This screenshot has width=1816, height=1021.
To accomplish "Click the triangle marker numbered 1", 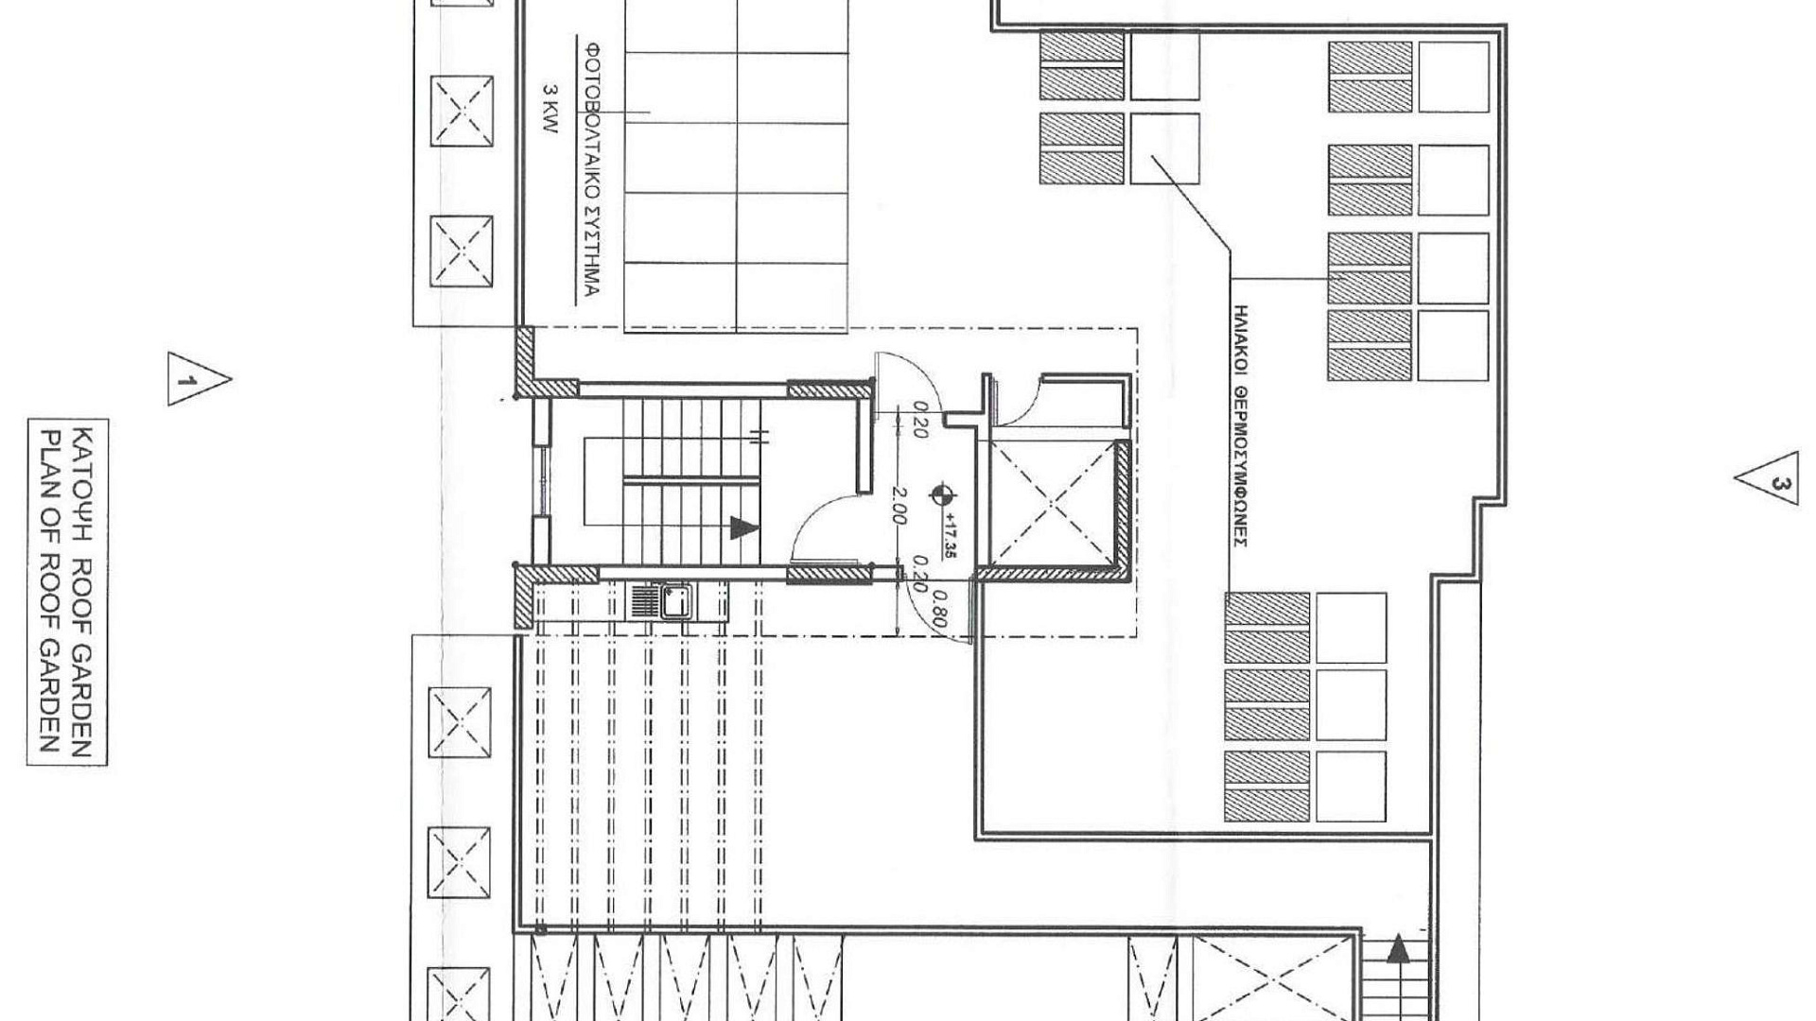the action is (195, 379).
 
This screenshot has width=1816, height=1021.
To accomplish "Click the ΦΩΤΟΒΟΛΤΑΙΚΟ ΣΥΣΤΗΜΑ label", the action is (589, 168).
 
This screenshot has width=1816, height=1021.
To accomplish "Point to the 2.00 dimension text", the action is (900, 506).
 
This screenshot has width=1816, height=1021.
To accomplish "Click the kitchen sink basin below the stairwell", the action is (675, 601).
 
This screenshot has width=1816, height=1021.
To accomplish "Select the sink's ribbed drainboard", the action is (644, 601).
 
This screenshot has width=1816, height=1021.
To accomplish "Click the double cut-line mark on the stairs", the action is (758, 437).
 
